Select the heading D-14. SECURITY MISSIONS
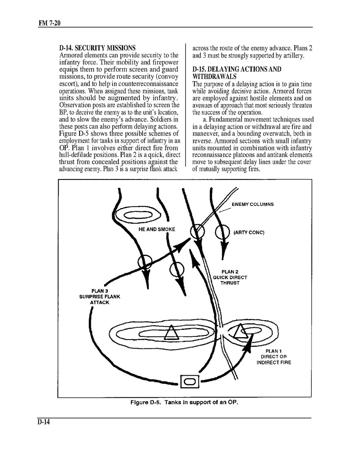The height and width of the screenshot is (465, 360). [97, 49]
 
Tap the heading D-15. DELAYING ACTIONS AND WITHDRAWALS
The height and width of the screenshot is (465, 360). [237, 73]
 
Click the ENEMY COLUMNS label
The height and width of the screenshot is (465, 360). [252, 204]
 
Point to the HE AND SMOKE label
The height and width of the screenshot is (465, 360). [157, 229]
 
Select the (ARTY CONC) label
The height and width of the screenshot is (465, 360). [249, 232]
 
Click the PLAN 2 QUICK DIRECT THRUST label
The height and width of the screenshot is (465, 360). [230, 277]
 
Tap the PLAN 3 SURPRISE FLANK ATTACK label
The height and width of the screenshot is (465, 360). [99, 296]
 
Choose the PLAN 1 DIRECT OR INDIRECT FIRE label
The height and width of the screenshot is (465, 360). [273, 357]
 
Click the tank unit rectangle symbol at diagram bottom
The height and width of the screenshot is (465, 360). [190, 382]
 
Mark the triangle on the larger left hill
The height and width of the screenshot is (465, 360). [171, 333]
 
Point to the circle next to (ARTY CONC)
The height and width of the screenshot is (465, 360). [223, 232]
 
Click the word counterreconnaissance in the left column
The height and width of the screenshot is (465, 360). [154, 84]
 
